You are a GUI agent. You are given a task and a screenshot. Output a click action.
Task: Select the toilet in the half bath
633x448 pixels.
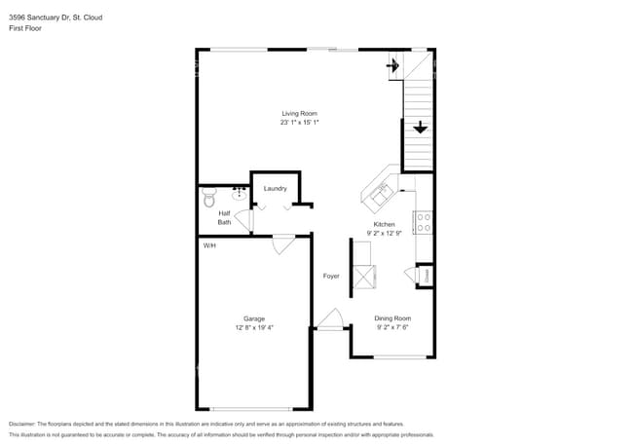206,199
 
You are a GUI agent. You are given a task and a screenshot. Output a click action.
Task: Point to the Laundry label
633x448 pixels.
275,188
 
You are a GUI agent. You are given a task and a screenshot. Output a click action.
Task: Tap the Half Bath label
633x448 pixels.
224,217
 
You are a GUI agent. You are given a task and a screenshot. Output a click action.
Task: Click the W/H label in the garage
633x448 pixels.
209,245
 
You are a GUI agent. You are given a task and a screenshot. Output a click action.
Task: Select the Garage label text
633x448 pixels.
254,318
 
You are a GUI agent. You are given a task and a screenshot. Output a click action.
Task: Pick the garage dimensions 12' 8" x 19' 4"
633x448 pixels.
254,327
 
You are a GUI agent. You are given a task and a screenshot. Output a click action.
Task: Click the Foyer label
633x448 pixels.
331,277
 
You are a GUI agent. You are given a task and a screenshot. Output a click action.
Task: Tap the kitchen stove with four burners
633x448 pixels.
424,222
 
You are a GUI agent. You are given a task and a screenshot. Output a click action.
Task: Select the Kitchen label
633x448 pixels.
385,224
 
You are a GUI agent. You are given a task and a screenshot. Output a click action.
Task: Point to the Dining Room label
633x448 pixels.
393,318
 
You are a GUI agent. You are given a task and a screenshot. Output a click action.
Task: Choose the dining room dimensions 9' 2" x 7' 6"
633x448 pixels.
393,327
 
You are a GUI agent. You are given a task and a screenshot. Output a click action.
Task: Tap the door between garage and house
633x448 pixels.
283,243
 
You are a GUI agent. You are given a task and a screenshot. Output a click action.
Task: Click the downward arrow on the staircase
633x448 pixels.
420,128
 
